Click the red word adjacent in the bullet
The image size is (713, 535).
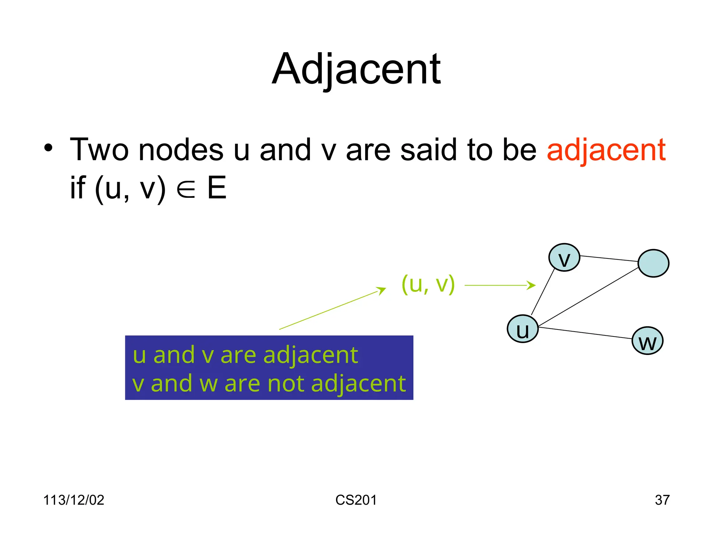tap(606, 150)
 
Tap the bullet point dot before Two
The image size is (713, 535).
tap(48, 148)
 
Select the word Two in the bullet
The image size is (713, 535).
tap(99, 150)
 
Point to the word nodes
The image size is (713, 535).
tap(181, 150)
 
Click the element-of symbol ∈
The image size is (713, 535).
tap(186, 189)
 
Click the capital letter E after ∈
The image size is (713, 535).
tap(217, 188)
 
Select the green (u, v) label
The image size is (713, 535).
tap(428, 284)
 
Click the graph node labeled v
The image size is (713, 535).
tap(564, 258)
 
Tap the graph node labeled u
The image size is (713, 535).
tap(523, 329)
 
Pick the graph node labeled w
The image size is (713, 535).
tap(647, 341)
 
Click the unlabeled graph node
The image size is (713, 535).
tap(653, 263)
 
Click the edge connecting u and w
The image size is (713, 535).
tap(585, 333)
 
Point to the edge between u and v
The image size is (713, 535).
tap(543, 292)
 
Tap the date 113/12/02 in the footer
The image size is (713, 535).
tap(73, 500)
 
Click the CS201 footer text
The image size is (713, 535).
tap(356, 500)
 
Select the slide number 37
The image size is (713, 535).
tap(662, 500)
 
